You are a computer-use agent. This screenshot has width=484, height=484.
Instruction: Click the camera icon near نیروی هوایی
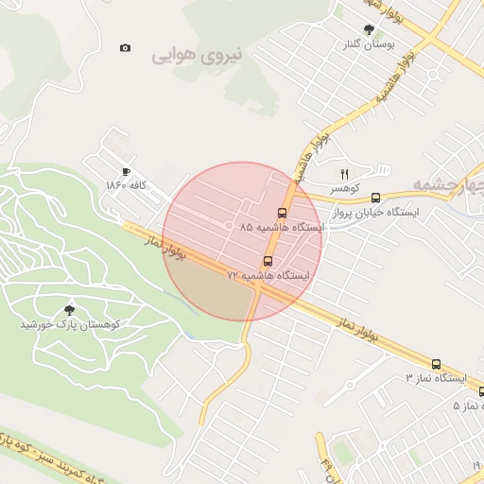coord(126,47)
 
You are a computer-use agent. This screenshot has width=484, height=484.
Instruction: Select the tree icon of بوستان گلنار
coord(368,29)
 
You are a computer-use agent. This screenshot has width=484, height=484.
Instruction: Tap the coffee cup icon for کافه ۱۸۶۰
coord(126,171)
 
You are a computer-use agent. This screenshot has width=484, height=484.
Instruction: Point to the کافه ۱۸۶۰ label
coord(127,185)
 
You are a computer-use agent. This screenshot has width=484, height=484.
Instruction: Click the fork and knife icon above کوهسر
coord(344,174)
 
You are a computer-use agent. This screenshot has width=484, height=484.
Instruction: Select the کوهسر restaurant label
coord(345,189)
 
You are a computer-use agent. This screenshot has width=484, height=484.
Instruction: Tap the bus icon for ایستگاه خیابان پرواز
coord(376,198)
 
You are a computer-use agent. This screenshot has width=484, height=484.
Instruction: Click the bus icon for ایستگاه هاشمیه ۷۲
coord(268,261)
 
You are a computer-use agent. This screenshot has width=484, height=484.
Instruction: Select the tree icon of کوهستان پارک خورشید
coord(69,309)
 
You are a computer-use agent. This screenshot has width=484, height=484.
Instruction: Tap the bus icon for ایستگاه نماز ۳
coord(436,364)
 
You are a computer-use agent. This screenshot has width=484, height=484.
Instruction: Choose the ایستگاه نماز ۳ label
coord(436,378)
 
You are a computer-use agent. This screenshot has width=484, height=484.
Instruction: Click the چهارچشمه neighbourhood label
coord(448,182)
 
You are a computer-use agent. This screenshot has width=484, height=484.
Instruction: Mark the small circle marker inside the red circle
coord(230,225)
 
